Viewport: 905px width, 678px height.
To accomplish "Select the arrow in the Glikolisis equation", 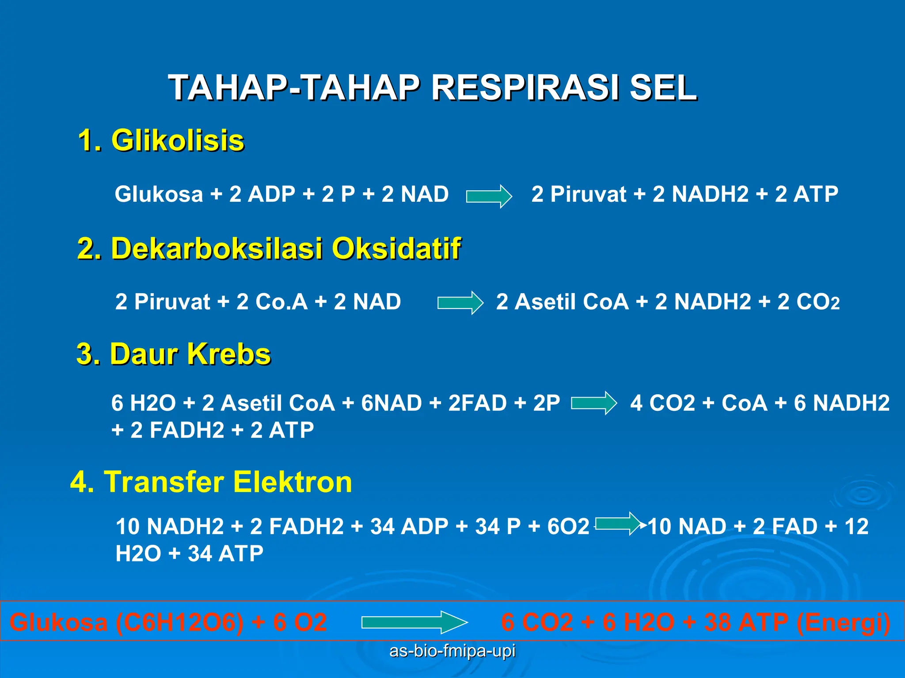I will tap(488, 196).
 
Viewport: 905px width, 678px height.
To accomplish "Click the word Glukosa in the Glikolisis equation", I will tap(159, 194).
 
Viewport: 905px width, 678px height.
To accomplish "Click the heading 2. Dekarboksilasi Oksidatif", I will tap(269, 248).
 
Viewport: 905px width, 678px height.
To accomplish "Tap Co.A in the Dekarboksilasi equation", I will tap(281, 302).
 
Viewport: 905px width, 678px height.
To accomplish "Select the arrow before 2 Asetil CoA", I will tap(460, 303).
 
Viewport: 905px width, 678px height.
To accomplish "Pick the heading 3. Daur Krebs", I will tap(174, 354).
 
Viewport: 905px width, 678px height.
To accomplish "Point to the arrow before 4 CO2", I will tap(593, 403).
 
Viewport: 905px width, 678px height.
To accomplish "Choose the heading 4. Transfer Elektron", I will tap(211, 482).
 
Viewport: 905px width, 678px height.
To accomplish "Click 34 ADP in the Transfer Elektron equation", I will tap(409, 527).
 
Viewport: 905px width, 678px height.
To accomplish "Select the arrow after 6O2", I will tap(618, 524).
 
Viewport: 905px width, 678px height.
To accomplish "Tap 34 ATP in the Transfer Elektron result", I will tap(225, 554).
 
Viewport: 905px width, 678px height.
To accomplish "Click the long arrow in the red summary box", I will tap(414, 622).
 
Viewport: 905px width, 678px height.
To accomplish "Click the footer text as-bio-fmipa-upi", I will tap(452, 651).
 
